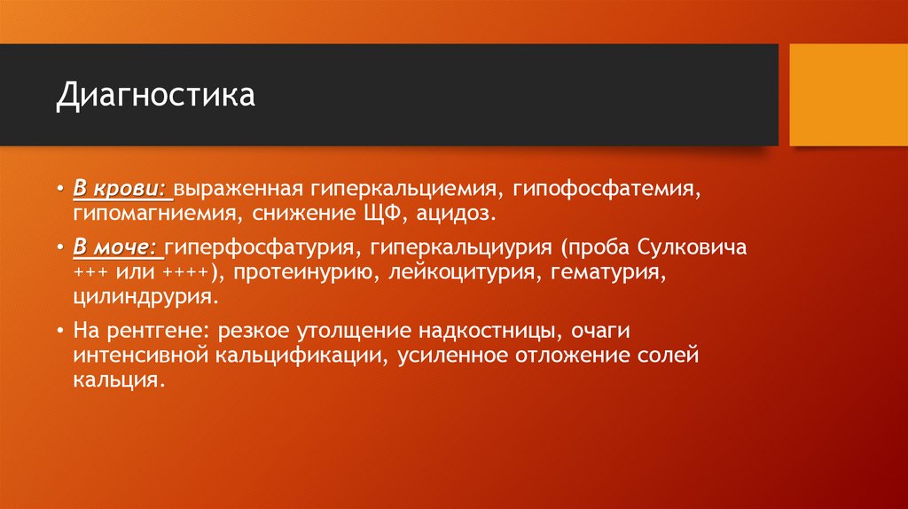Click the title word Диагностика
155,95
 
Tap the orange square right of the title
849,95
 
